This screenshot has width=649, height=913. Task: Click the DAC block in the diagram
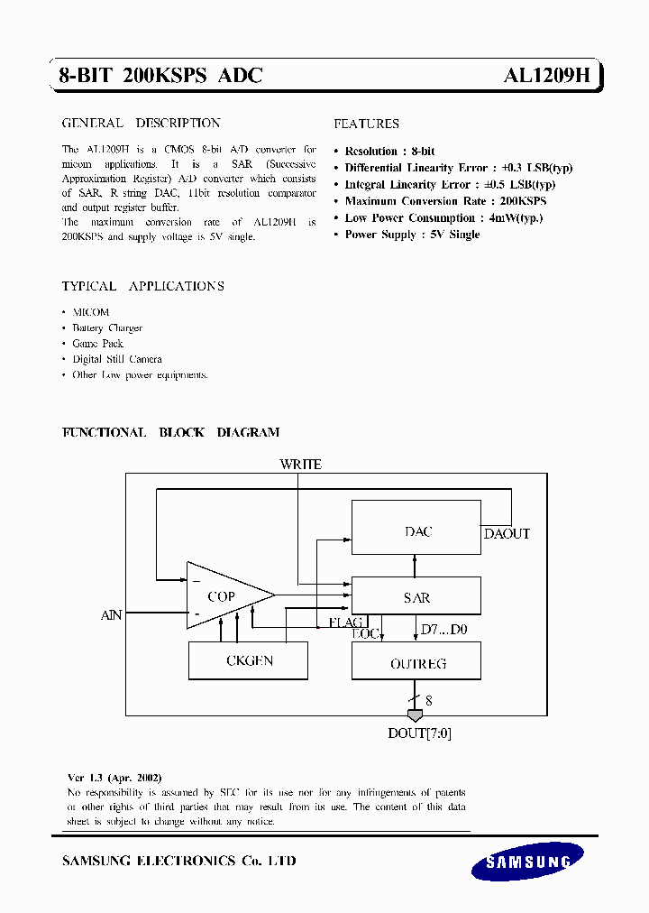[x=416, y=532]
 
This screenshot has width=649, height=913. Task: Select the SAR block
[x=416, y=597]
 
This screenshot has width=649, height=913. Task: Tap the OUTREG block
[x=416, y=664]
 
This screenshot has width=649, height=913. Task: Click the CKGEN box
[x=248, y=661]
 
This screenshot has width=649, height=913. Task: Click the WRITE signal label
[x=300, y=465]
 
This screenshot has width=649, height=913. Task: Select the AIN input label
[x=111, y=615]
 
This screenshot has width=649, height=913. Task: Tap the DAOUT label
[x=507, y=534]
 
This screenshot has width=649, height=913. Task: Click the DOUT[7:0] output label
[x=420, y=733]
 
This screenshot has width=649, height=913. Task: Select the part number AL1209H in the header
[x=546, y=77]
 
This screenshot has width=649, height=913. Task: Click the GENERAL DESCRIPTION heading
[x=141, y=123]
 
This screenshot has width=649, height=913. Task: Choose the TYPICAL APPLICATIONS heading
[x=142, y=286]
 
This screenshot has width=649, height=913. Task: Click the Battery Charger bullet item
[x=107, y=328]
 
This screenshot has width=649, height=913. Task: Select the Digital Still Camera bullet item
[x=117, y=359]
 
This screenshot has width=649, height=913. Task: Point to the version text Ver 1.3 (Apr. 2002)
[x=114, y=777]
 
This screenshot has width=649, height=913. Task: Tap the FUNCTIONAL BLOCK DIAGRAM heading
[x=170, y=432]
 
